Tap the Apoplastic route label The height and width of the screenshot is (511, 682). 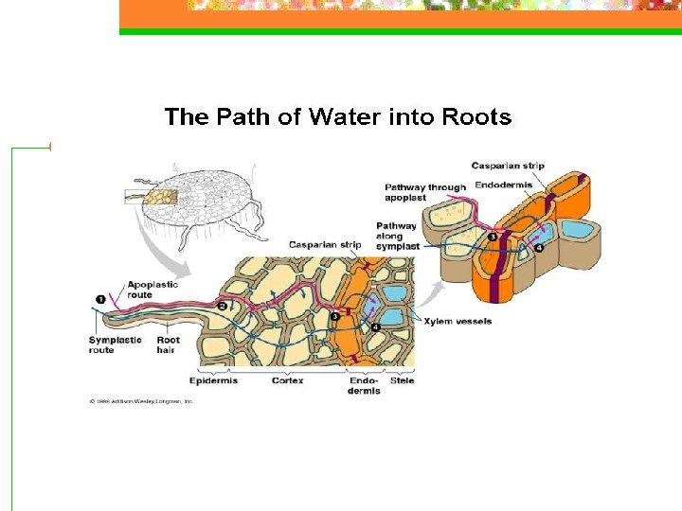click(153, 290)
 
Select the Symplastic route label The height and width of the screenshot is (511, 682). click(115, 344)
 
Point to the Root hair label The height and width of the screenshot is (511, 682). click(168, 344)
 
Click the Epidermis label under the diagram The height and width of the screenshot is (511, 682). click(213, 381)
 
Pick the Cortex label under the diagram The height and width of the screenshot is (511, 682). click(287, 381)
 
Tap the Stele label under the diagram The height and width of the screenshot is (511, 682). click(402, 381)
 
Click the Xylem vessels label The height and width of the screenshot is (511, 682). click(458, 322)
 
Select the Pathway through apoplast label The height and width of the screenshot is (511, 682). click(425, 193)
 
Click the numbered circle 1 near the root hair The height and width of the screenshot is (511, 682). click(100, 300)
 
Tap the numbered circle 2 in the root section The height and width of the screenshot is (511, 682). click(222, 306)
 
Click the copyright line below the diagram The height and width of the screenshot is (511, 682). click(141, 401)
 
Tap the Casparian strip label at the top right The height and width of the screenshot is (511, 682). click(508, 166)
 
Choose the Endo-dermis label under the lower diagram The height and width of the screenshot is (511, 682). click(364, 386)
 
